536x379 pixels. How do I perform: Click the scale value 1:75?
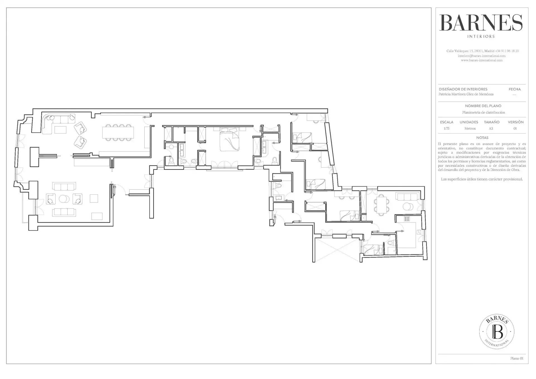click(446, 128)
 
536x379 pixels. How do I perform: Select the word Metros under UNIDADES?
click(470, 128)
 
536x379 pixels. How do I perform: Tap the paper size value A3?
click(491, 128)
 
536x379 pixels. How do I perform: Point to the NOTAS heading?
click(482, 138)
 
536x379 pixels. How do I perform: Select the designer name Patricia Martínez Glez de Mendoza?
click(466, 94)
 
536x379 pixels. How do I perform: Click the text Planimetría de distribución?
click(484, 113)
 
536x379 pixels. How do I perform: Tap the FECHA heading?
click(515, 89)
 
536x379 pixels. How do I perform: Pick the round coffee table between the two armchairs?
click(64, 199)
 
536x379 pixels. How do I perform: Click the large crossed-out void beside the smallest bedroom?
click(337, 250)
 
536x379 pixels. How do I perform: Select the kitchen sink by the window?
click(419, 232)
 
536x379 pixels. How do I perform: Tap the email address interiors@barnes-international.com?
click(482, 56)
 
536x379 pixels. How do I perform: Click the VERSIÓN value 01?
click(515, 128)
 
